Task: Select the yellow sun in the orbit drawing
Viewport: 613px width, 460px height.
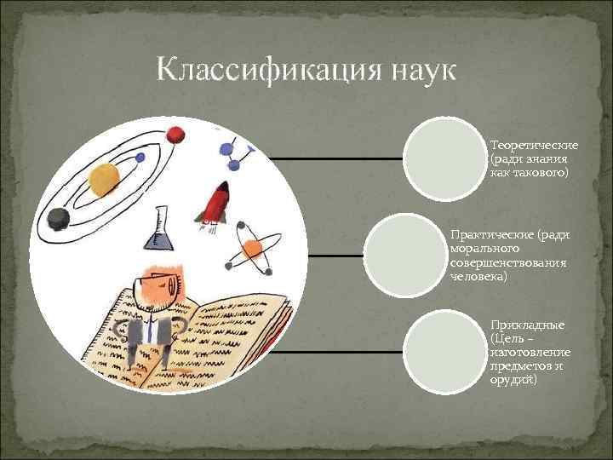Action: point(105,179)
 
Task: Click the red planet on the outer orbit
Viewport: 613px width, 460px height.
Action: point(176,135)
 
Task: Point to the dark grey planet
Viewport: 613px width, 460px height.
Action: point(58,219)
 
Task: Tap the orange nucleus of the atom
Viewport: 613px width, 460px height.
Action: point(251,248)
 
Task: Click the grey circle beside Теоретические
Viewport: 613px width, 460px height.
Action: point(443,159)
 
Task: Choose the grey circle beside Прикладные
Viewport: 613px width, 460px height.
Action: point(443,351)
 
